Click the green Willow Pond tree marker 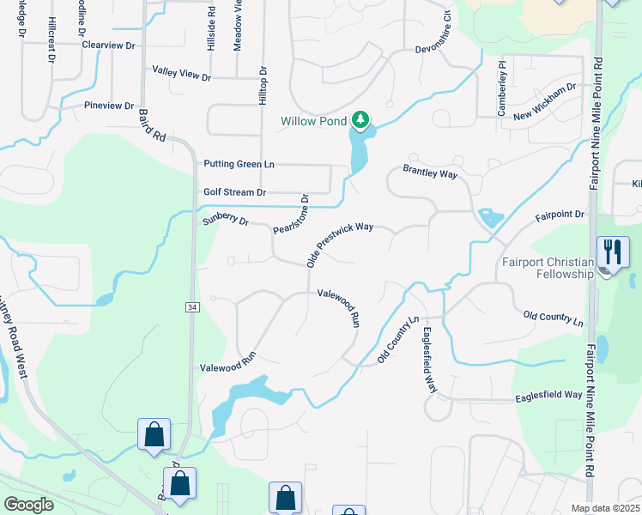[x=361, y=119]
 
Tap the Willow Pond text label [x=314, y=121]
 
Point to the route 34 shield [x=193, y=306]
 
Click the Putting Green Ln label [x=239, y=164]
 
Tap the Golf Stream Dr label [x=235, y=192]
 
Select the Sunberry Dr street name [x=225, y=220]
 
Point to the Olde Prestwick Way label [x=340, y=245]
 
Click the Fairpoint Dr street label [x=560, y=215]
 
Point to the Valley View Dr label [x=181, y=74]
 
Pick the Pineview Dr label [x=109, y=106]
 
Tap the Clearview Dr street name [x=108, y=45]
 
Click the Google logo [x=28, y=505]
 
